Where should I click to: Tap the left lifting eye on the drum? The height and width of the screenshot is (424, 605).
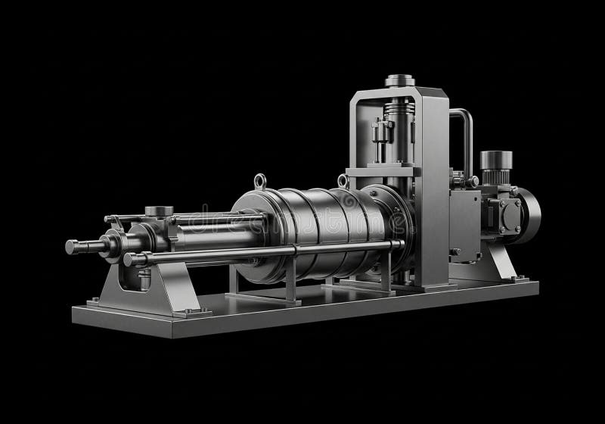(x=260, y=181)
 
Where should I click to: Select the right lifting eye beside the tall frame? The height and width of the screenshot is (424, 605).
(x=343, y=181)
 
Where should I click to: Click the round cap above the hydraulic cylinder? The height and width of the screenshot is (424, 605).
(x=158, y=210)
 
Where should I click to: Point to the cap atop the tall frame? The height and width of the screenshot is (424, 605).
(x=400, y=80)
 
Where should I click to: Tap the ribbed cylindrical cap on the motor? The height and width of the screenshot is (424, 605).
(x=495, y=161)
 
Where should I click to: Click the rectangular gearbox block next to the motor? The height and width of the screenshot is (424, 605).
(x=463, y=220)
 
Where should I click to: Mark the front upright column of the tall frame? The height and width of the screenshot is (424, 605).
(x=435, y=189)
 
